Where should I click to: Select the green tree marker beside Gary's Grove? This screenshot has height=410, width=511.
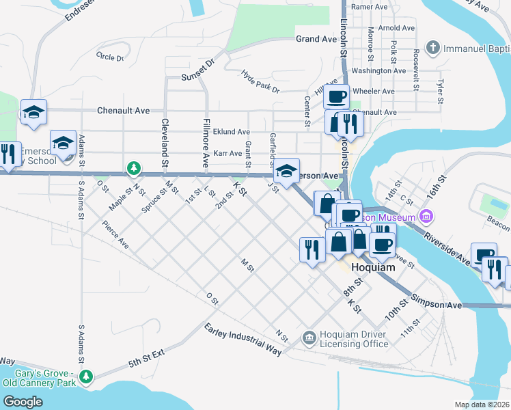click(x=86, y=377)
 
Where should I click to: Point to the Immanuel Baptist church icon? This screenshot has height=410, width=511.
click(x=432, y=48)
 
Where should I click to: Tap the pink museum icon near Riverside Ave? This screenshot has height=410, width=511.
click(x=428, y=217)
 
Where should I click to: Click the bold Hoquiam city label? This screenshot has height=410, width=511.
click(x=372, y=268)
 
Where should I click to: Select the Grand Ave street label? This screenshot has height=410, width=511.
click(x=316, y=40)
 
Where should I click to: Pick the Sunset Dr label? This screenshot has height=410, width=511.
click(x=197, y=70)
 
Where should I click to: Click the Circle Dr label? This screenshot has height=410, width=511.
click(x=109, y=57)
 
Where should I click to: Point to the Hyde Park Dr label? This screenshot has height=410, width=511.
click(x=260, y=81)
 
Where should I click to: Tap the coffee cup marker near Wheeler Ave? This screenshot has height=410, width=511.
click(x=337, y=97)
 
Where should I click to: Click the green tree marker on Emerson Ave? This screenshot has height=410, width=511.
click(x=134, y=168)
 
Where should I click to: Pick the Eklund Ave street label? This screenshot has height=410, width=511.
click(x=231, y=132)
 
